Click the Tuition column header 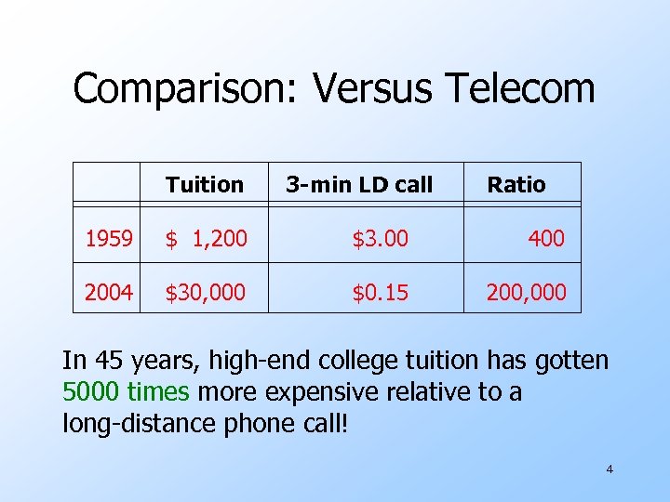point(205,185)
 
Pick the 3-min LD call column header point(359,185)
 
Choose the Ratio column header point(516,185)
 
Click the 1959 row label point(108,239)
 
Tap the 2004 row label point(108,293)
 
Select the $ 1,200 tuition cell point(207,239)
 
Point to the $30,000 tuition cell point(206,293)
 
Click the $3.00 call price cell point(380,239)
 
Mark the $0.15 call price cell point(380,293)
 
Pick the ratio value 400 point(546,239)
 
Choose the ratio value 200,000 point(526,293)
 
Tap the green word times point(159,392)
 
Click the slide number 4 point(610,469)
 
